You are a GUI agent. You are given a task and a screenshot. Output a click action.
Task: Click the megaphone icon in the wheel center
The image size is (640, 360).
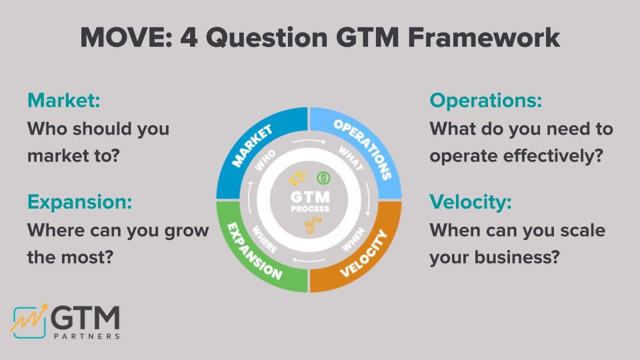pos(297,179)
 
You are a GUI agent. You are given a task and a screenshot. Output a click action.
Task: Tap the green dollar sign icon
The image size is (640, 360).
pos(323,178)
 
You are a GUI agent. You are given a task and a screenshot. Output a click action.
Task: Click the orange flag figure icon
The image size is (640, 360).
pos(309,228)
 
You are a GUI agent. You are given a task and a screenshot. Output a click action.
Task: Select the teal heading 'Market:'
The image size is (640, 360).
pos(63,101)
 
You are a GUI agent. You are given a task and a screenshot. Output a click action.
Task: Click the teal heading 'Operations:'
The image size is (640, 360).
pos(485,101)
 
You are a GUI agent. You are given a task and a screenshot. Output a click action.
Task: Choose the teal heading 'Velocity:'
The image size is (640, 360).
pos(471,202)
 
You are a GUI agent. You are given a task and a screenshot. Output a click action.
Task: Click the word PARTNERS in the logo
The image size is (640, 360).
pos(87,337)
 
